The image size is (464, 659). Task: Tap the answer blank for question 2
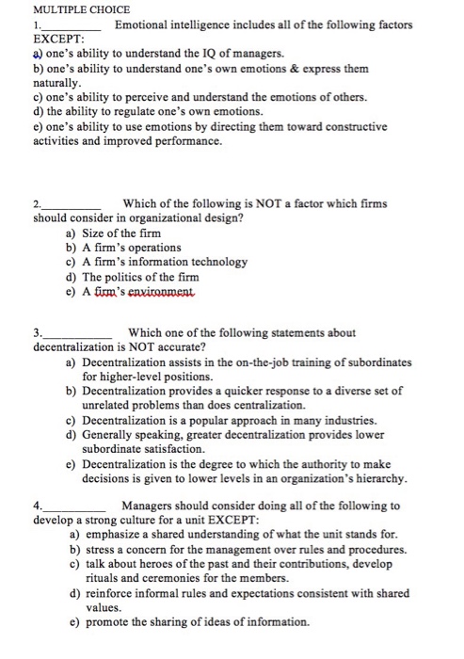pos(72,207)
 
